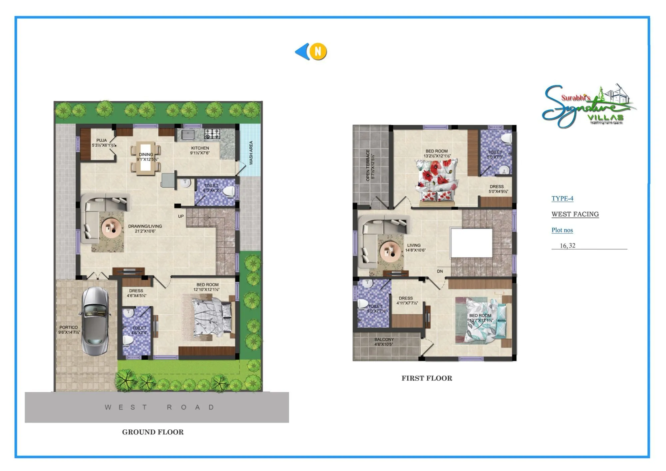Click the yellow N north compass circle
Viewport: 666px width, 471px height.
318,52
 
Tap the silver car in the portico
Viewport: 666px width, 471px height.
95,321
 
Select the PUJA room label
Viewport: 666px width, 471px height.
102,143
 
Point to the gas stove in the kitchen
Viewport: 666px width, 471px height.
212,134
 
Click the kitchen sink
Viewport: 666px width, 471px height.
188,135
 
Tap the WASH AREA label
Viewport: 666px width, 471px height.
251,153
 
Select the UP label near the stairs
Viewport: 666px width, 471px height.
181,216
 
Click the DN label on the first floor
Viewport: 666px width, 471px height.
440,271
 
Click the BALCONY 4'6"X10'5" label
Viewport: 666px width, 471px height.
384,342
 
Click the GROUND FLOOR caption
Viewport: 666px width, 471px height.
153,432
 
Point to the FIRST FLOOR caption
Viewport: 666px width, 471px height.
427,378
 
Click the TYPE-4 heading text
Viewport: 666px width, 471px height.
562,199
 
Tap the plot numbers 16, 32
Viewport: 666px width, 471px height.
567,246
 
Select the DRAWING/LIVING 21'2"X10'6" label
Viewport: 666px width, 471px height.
145,229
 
